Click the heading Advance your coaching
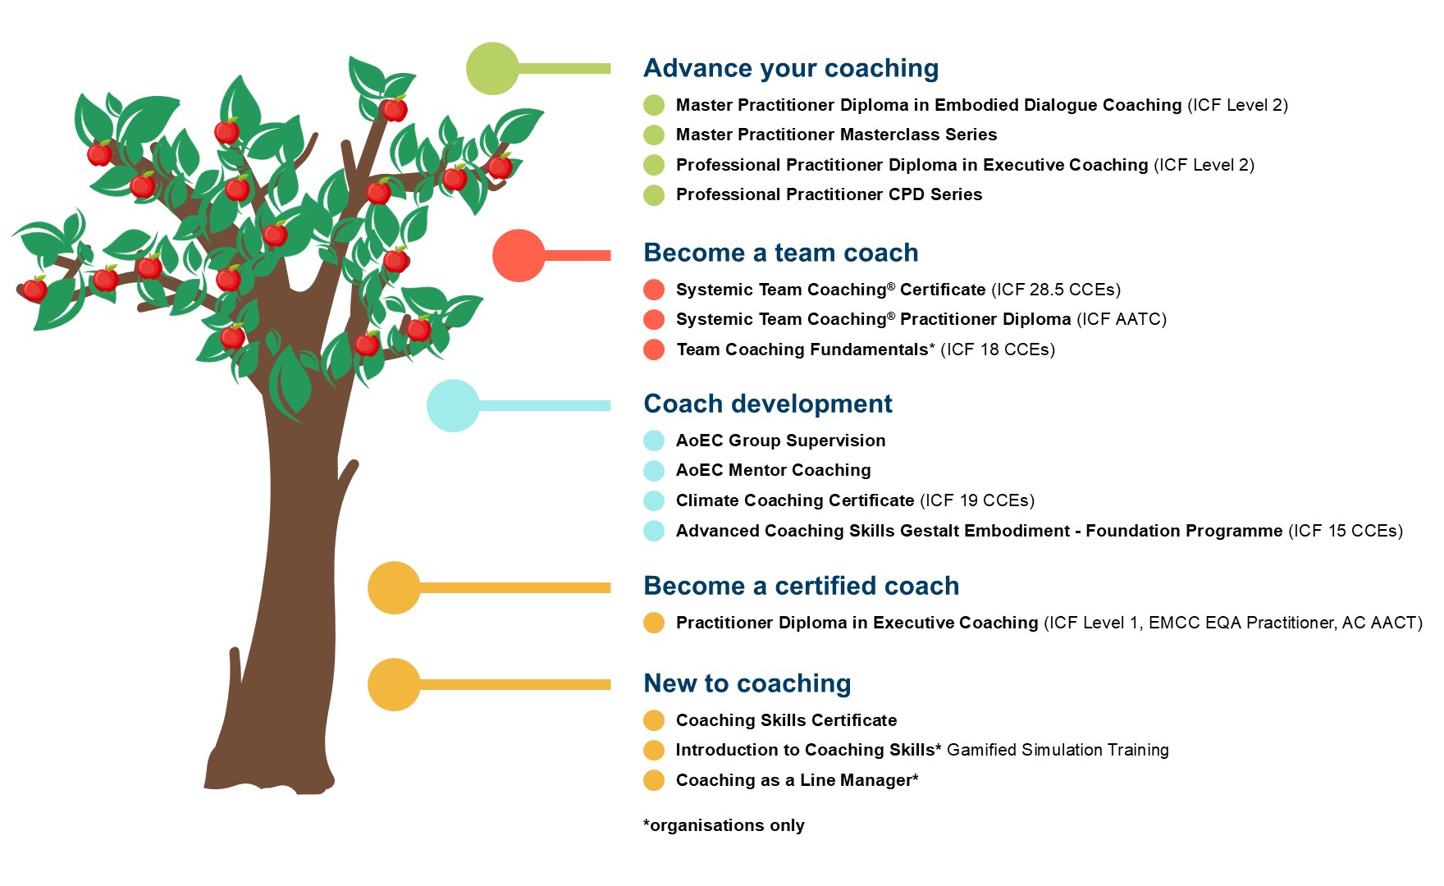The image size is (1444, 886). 791,68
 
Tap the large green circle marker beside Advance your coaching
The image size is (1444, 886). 492,69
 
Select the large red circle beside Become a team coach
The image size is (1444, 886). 519,256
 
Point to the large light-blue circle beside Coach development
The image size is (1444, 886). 453,405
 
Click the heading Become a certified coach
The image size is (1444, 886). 801,586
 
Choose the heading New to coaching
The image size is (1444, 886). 747,683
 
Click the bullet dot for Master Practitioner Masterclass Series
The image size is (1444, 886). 654,135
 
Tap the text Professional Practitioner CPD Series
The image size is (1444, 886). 829,194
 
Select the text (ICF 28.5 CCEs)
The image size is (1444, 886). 1056,290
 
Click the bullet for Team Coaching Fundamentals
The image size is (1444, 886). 654,349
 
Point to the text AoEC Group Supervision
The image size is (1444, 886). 780,441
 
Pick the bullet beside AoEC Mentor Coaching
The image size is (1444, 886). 654,471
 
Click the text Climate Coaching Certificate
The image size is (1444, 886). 794,500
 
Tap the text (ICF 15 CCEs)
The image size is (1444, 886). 1346,531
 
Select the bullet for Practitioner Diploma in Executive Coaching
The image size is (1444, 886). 654,623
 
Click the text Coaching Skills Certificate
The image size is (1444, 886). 786,720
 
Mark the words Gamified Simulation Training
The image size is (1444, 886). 1058,750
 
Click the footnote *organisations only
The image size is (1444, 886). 724,825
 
